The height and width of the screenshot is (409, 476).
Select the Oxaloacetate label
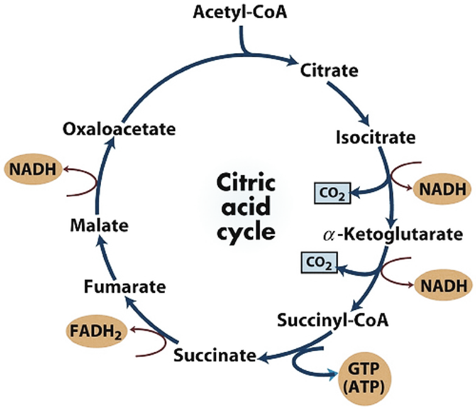[x=119, y=129]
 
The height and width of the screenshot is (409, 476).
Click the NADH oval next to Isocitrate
[x=442, y=189]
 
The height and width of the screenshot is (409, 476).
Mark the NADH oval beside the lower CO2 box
[x=442, y=284]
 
